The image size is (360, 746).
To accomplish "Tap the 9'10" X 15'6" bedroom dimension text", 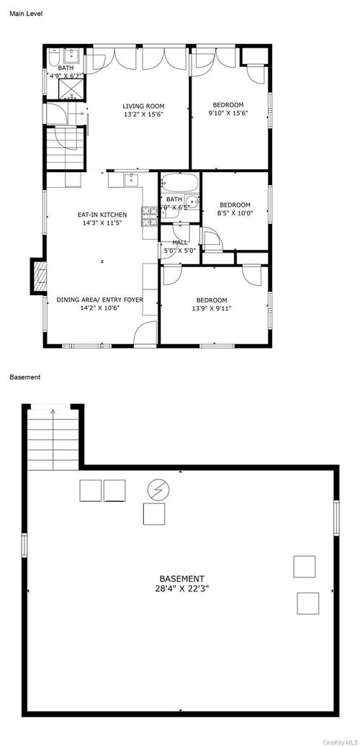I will (228, 113).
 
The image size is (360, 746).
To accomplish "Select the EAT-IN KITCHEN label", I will (102, 215).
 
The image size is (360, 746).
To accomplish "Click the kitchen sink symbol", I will (131, 180).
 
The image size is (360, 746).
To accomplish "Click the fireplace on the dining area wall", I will (39, 277).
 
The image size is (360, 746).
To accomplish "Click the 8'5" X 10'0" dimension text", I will (235, 212).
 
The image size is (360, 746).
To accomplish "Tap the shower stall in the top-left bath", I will (71, 89).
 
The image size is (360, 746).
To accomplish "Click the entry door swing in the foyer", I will (146, 333).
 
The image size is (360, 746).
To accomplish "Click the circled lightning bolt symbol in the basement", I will (156, 490).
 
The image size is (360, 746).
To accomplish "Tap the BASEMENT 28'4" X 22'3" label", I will (181, 583).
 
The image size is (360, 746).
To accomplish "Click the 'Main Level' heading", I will (25, 13).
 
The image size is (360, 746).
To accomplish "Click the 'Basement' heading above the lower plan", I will (24, 377).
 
